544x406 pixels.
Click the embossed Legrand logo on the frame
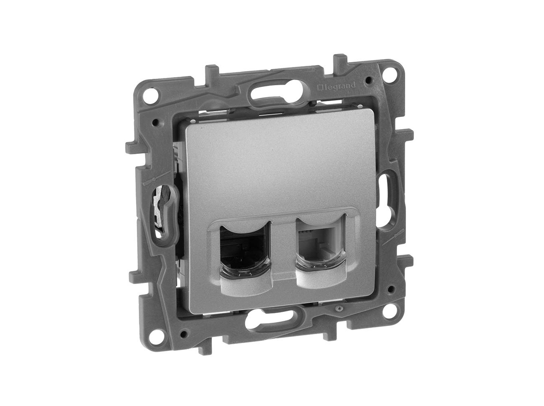click(336, 86)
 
